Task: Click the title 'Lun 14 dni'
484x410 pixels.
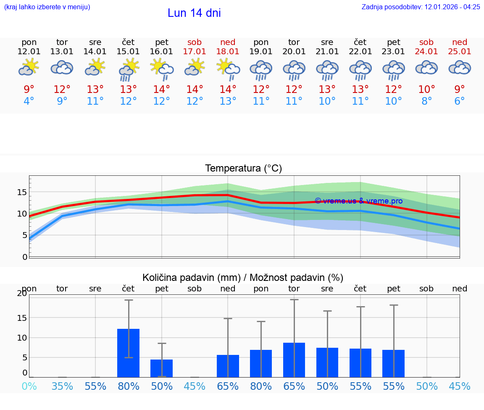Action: click(x=194, y=13)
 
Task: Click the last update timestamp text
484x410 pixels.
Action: click(x=421, y=7)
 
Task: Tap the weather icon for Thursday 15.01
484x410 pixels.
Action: click(x=129, y=69)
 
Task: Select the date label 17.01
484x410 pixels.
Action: click(x=195, y=52)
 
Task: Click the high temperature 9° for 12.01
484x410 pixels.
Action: click(x=29, y=89)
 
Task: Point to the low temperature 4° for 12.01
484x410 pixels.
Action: click(x=29, y=101)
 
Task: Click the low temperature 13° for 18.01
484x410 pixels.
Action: click(x=228, y=101)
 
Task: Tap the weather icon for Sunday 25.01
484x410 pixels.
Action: click(x=460, y=68)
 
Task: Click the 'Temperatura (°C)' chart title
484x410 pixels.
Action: click(x=243, y=169)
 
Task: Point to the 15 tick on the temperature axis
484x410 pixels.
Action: click(x=22, y=192)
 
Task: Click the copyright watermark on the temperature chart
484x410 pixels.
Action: click(x=358, y=201)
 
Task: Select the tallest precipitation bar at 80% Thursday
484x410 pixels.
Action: click(x=129, y=353)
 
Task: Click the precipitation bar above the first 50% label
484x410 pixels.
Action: click(x=162, y=368)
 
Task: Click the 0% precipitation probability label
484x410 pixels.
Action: click(x=29, y=386)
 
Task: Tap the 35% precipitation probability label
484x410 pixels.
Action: click(x=62, y=386)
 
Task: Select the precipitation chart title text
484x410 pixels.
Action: click(x=243, y=278)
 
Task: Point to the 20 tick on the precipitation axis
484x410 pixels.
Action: click(x=22, y=294)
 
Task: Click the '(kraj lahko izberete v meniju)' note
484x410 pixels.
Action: click(x=47, y=7)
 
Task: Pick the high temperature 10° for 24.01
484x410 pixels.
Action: click(x=426, y=89)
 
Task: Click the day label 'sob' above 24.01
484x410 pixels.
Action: click(x=426, y=42)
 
